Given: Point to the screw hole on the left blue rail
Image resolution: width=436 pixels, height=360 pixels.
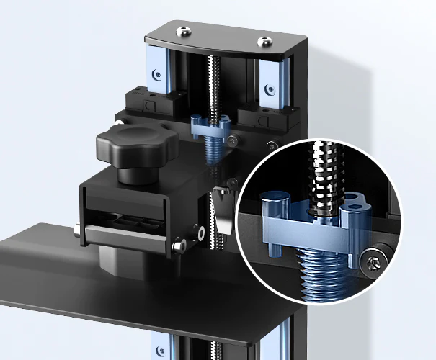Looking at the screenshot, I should tap(156, 72).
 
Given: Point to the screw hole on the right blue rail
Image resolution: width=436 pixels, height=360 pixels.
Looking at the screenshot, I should tap(270, 90).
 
